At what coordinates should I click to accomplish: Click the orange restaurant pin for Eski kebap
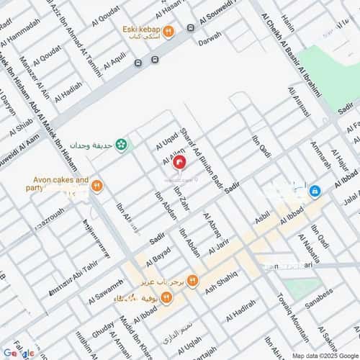(x=168, y=31)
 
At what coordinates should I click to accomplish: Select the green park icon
(x=122, y=144)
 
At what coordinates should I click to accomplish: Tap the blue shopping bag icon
(x=315, y=191)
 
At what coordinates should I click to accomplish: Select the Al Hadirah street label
(x=240, y=310)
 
